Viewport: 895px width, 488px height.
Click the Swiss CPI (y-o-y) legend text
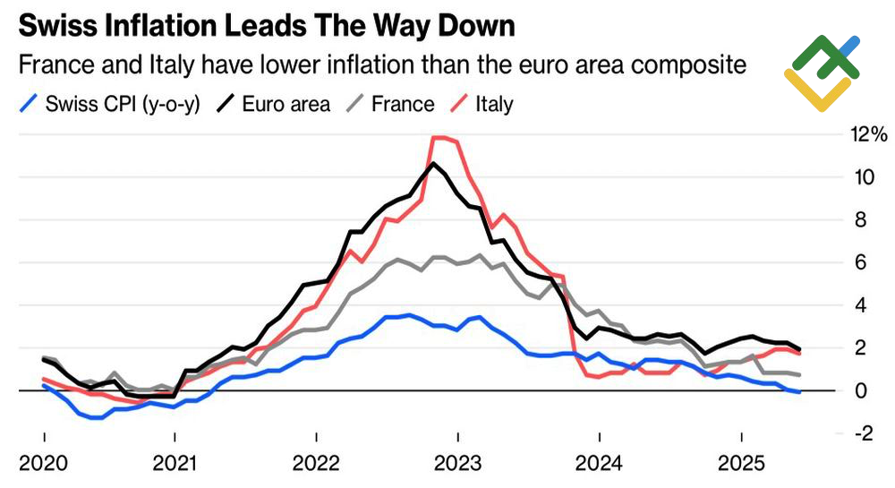pyautogui.click(x=122, y=104)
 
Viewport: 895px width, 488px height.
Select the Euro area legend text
pyautogui.click(x=286, y=104)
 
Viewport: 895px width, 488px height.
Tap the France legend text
pyautogui.click(x=402, y=104)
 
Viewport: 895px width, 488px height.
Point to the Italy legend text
pyautogui.click(x=494, y=104)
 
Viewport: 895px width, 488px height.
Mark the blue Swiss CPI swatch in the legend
pyautogui.click(x=30, y=104)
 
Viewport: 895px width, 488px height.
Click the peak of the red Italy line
pyautogui.click(x=439, y=138)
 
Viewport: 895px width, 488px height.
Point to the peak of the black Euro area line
pyautogui.click(x=433, y=163)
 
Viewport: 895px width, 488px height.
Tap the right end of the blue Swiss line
pyautogui.click(x=798, y=391)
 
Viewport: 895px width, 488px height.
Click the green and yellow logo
pyautogui.click(x=821, y=73)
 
